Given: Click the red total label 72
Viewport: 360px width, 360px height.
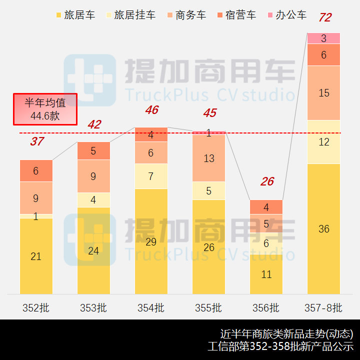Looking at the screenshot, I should pyautogui.click(x=324, y=18).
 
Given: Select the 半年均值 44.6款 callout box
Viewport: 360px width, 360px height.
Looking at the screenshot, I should pyautogui.click(x=45, y=109).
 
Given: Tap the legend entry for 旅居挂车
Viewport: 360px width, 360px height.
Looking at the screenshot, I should pyautogui.click(x=129, y=15).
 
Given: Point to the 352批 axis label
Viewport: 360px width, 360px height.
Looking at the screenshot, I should pyautogui.click(x=36, y=308).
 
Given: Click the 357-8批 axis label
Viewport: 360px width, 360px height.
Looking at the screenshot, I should pyautogui.click(x=323, y=308).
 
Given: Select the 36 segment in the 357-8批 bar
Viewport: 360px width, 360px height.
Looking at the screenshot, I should pyautogui.click(x=323, y=229).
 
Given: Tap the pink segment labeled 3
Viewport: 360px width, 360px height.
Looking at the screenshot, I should pyautogui.click(x=323, y=38).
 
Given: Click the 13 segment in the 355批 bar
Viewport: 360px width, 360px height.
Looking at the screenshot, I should pyautogui.click(x=208, y=158).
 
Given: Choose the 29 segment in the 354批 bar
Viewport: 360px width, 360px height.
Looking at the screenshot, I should pyautogui.click(x=151, y=242).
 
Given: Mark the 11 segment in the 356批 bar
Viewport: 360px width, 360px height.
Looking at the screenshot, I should pyautogui.click(x=266, y=274).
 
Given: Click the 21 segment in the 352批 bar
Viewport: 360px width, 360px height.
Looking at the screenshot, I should pyautogui.click(x=36, y=256).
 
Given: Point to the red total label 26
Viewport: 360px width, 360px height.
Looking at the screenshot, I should pyautogui.click(x=267, y=181).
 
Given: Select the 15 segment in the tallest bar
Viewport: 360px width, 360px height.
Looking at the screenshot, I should pyautogui.click(x=323, y=93).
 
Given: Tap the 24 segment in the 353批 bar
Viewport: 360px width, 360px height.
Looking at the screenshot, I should pyautogui.click(x=93, y=251).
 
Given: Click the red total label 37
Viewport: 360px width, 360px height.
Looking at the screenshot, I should pyautogui.click(x=36, y=141).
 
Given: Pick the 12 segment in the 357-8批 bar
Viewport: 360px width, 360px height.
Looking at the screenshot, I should pyautogui.click(x=323, y=142).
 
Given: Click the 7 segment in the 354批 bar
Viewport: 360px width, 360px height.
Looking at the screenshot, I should pyautogui.click(x=151, y=176).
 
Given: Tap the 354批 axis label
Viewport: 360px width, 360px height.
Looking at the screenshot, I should pyautogui.click(x=151, y=308).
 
